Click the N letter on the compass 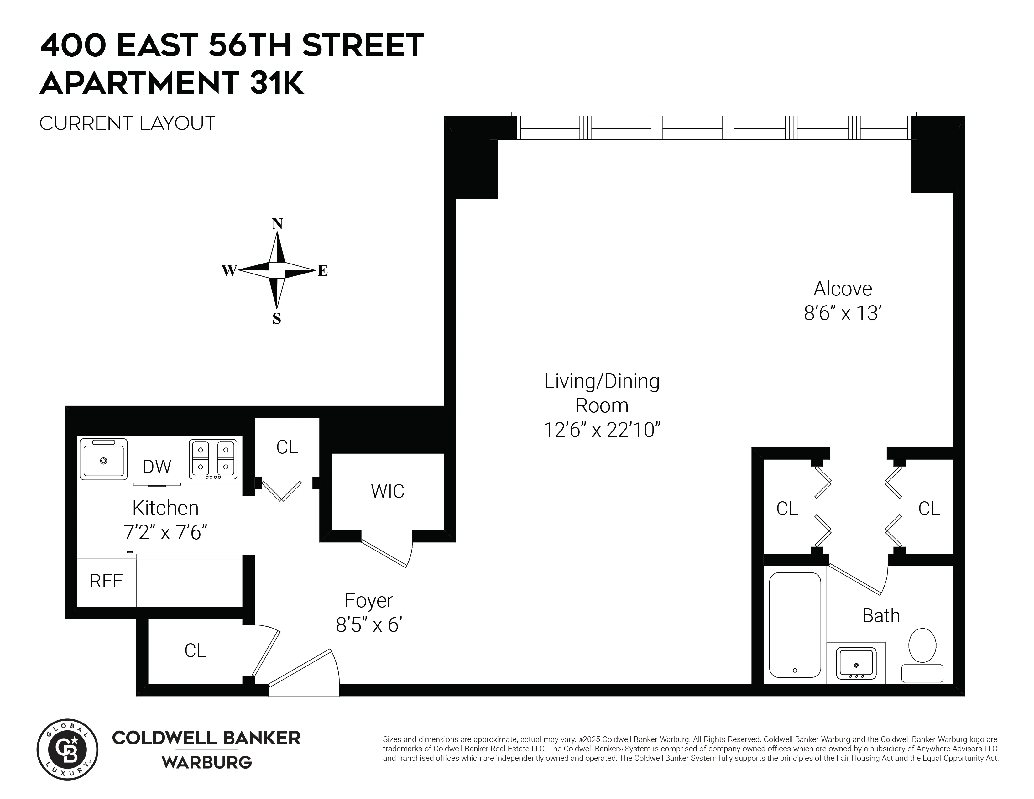tap(277, 224)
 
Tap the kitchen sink tap(103, 459)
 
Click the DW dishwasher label tap(157, 467)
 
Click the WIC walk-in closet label tap(387, 491)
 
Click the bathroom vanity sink tap(856, 664)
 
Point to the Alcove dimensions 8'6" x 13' tap(842, 313)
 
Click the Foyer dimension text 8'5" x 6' tap(369, 625)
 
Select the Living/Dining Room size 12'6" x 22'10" tap(601, 430)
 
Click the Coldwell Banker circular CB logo tap(68, 749)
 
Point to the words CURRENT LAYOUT tap(127, 123)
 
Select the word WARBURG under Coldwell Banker tap(206, 762)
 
